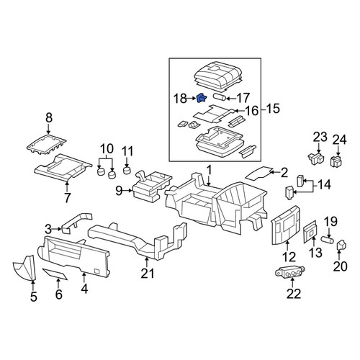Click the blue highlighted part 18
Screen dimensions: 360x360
tap(201, 98)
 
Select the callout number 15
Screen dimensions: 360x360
tap(273, 109)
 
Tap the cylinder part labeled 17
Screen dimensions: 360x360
tap(219, 97)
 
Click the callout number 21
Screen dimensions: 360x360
tap(148, 274)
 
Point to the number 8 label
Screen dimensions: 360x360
tap(49, 118)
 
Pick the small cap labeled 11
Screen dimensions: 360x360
tap(127, 171)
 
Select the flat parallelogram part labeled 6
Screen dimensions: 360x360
tap(55, 274)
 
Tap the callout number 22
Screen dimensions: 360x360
tap(294, 294)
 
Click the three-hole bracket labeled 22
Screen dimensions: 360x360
tap(290, 273)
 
